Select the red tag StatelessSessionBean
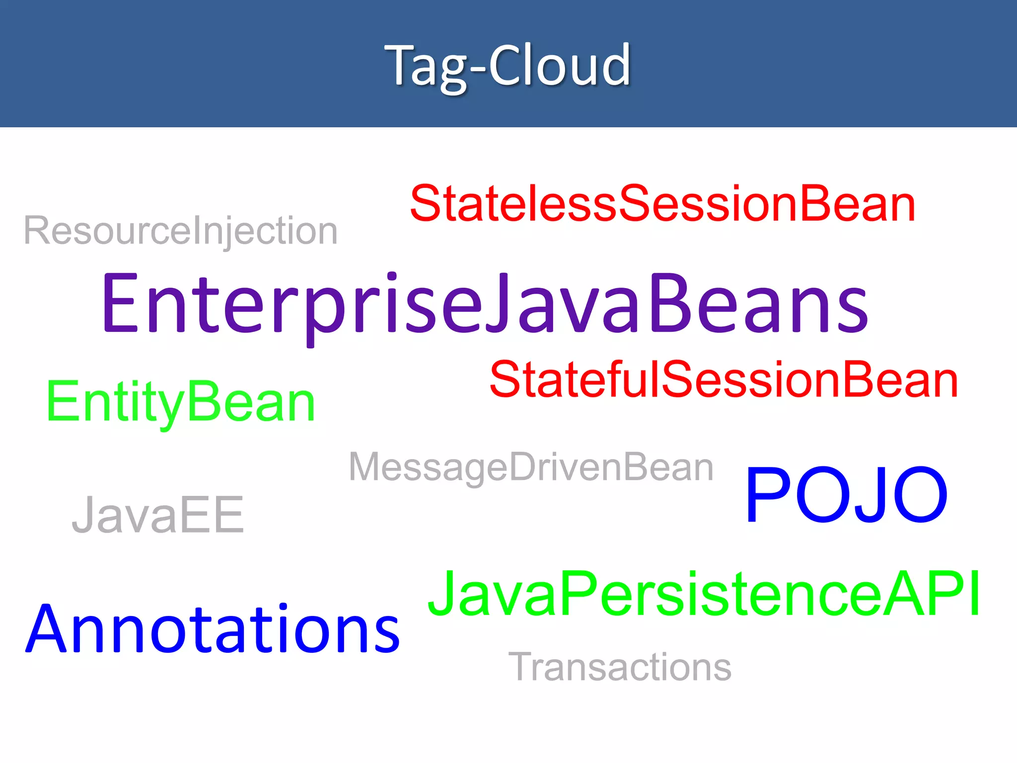pos(662,204)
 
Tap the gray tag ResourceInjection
pos(181,230)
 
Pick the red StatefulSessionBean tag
pos(724,380)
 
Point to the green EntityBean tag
pos(181,401)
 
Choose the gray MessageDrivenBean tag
pos(531,467)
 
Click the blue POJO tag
pos(846,495)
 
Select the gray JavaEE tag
pos(158,515)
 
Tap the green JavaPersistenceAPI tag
pos(704,594)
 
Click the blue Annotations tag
pos(213,629)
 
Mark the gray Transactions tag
pos(620,667)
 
